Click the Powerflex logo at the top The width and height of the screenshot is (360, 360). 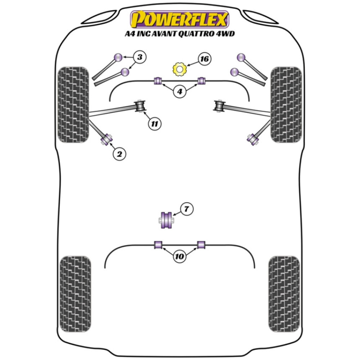[x=180, y=19]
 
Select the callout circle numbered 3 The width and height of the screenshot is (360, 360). [x=140, y=57]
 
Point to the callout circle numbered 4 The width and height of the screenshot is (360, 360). [x=179, y=92]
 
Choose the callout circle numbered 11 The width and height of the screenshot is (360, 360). [x=154, y=124]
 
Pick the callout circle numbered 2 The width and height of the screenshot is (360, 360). [x=120, y=154]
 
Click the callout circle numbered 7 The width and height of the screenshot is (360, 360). [x=186, y=209]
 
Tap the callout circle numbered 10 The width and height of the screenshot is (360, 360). [x=179, y=257]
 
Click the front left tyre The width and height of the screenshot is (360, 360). [x=73, y=104]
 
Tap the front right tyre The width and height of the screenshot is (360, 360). [x=286, y=104]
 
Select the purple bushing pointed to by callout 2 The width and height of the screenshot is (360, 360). [x=107, y=139]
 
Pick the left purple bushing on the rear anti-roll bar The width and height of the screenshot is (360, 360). [x=158, y=245]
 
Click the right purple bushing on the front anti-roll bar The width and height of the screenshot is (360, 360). [x=202, y=81]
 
